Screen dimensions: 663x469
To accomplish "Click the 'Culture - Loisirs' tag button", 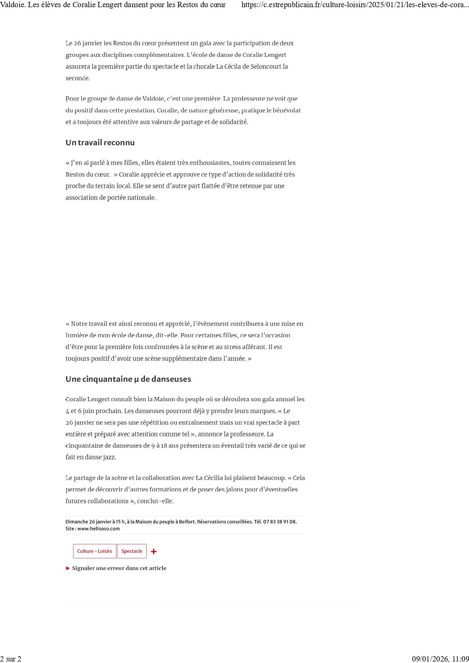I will (x=94, y=551).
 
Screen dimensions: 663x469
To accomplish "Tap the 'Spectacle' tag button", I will (x=132, y=551).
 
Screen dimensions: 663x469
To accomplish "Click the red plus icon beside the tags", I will (x=154, y=552).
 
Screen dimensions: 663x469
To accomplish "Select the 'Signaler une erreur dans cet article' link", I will (x=119, y=568).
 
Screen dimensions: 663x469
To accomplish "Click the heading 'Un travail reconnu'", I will (x=100, y=142).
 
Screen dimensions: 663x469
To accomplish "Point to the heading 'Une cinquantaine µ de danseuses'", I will (x=128, y=379).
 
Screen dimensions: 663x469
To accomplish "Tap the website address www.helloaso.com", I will (x=98, y=529).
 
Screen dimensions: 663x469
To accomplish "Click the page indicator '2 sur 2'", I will (x=11, y=659).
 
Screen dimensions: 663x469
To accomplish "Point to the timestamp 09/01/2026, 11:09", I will (x=440, y=659).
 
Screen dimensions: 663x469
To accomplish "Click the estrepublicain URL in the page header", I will (x=355, y=5).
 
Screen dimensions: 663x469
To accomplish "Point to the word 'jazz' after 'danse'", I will (x=109, y=457).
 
